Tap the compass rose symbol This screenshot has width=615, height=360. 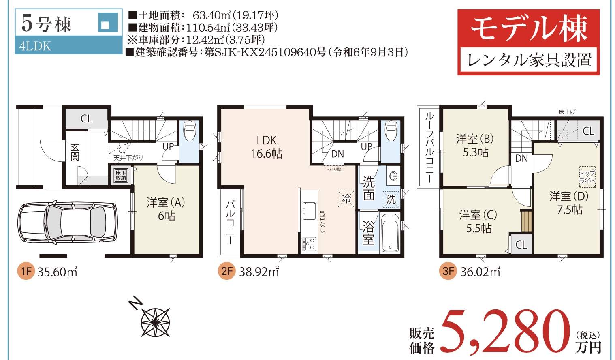pos(155,322)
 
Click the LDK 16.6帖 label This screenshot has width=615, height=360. pos(267,147)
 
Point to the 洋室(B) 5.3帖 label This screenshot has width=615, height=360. pos(475,146)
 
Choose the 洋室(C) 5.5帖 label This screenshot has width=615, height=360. pos(478,221)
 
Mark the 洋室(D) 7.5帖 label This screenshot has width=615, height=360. pos(569,203)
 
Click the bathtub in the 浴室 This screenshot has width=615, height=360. pos(390,233)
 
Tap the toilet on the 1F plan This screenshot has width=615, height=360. pos(189,130)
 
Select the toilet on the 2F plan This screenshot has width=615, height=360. pos(391,131)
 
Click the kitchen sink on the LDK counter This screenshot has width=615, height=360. pos(310,211)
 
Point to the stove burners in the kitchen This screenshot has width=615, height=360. pos(309,244)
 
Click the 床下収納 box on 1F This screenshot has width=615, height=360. pos(121,175)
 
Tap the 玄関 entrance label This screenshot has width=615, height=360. pos(75,152)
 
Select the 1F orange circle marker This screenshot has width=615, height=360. pos(26,272)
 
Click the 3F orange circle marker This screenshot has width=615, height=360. pos(448,271)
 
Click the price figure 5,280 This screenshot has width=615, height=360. pos(506,332)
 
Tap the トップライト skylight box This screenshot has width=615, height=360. pos(587,177)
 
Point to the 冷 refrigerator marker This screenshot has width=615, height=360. pos(346,199)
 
